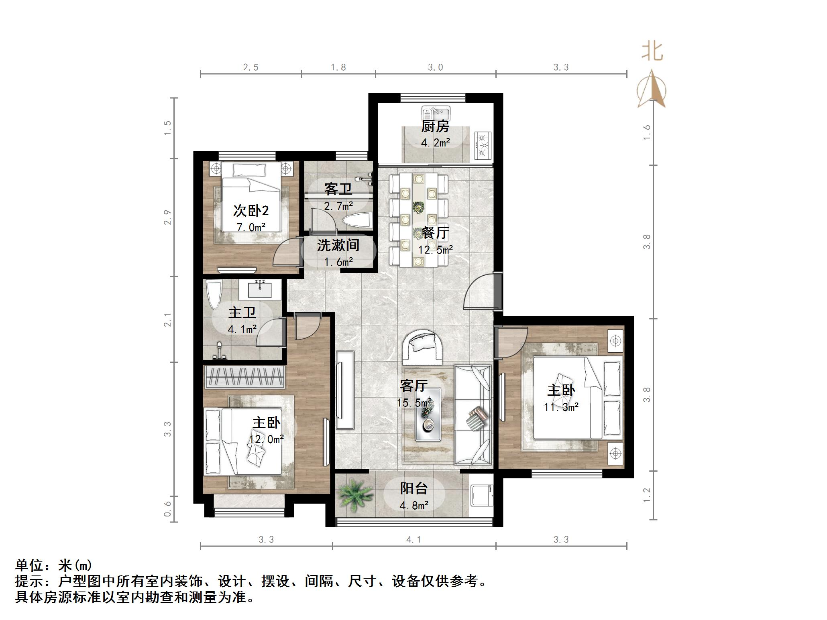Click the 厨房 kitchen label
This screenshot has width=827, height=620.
tap(435, 127)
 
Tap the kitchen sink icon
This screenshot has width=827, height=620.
tap(436, 112)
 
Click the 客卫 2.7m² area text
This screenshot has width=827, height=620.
tap(338, 206)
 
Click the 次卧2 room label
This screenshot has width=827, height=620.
tap(251, 210)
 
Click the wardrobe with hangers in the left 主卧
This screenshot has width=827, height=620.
tap(244, 376)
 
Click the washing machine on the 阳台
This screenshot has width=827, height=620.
tap(481, 495)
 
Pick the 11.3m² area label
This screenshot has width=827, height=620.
tap(561, 407)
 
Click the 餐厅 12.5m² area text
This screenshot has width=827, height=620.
tap(436, 250)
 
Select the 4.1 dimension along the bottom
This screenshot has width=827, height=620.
tap(413, 539)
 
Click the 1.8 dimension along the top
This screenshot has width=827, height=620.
tap(338, 67)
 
